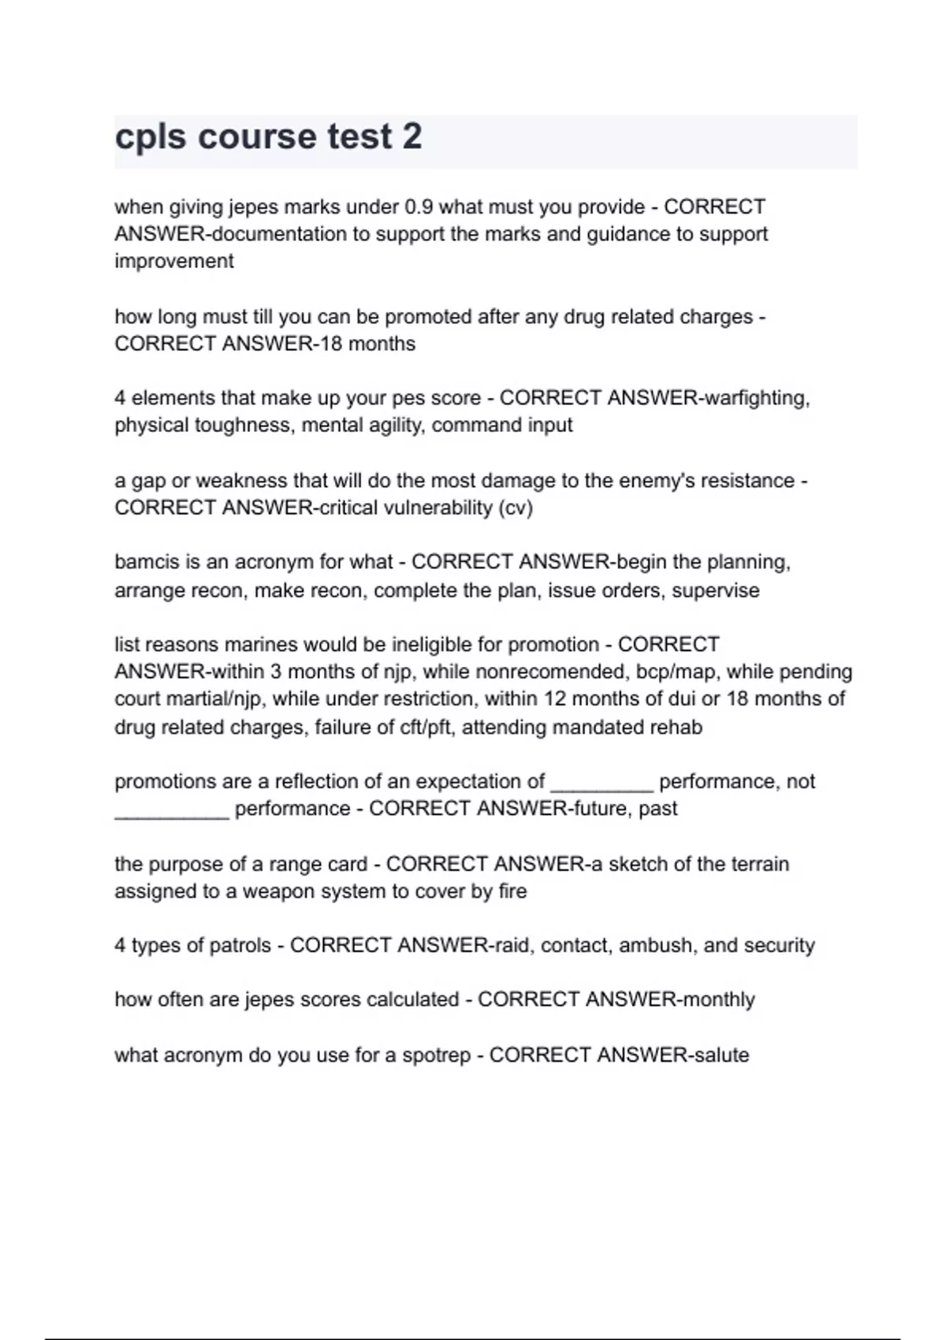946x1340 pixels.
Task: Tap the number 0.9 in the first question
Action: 418,207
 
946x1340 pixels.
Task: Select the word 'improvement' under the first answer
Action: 173,261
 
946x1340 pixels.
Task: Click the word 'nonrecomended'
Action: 549,672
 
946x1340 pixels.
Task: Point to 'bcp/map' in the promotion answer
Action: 669,672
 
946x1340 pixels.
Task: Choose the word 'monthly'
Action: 718,999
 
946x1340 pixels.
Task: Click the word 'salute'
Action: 720,1055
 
